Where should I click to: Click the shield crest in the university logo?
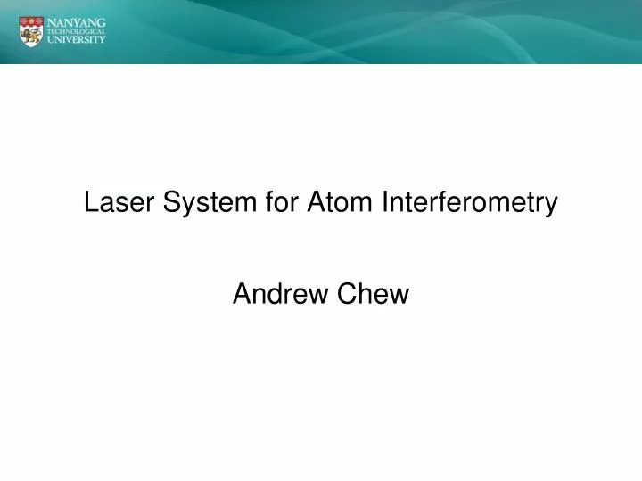30,30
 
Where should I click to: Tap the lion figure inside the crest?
30,35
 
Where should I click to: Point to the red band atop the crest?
30,20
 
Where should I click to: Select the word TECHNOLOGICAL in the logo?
77,30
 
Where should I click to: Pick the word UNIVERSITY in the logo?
77,40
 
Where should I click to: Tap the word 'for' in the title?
283,204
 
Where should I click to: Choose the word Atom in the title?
342,204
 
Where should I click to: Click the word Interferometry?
470,204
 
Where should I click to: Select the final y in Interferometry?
551,207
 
